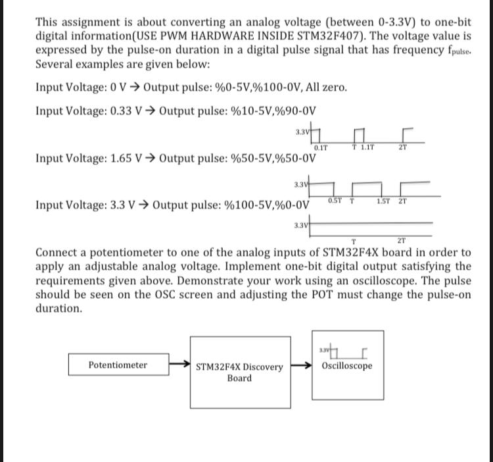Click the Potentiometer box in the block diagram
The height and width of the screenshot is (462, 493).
point(118,365)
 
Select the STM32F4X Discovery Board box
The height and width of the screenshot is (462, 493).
point(239,372)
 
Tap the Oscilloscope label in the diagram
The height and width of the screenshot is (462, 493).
point(347,365)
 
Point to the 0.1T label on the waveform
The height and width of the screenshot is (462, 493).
point(321,147)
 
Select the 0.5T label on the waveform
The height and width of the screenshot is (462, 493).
point(334,201)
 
